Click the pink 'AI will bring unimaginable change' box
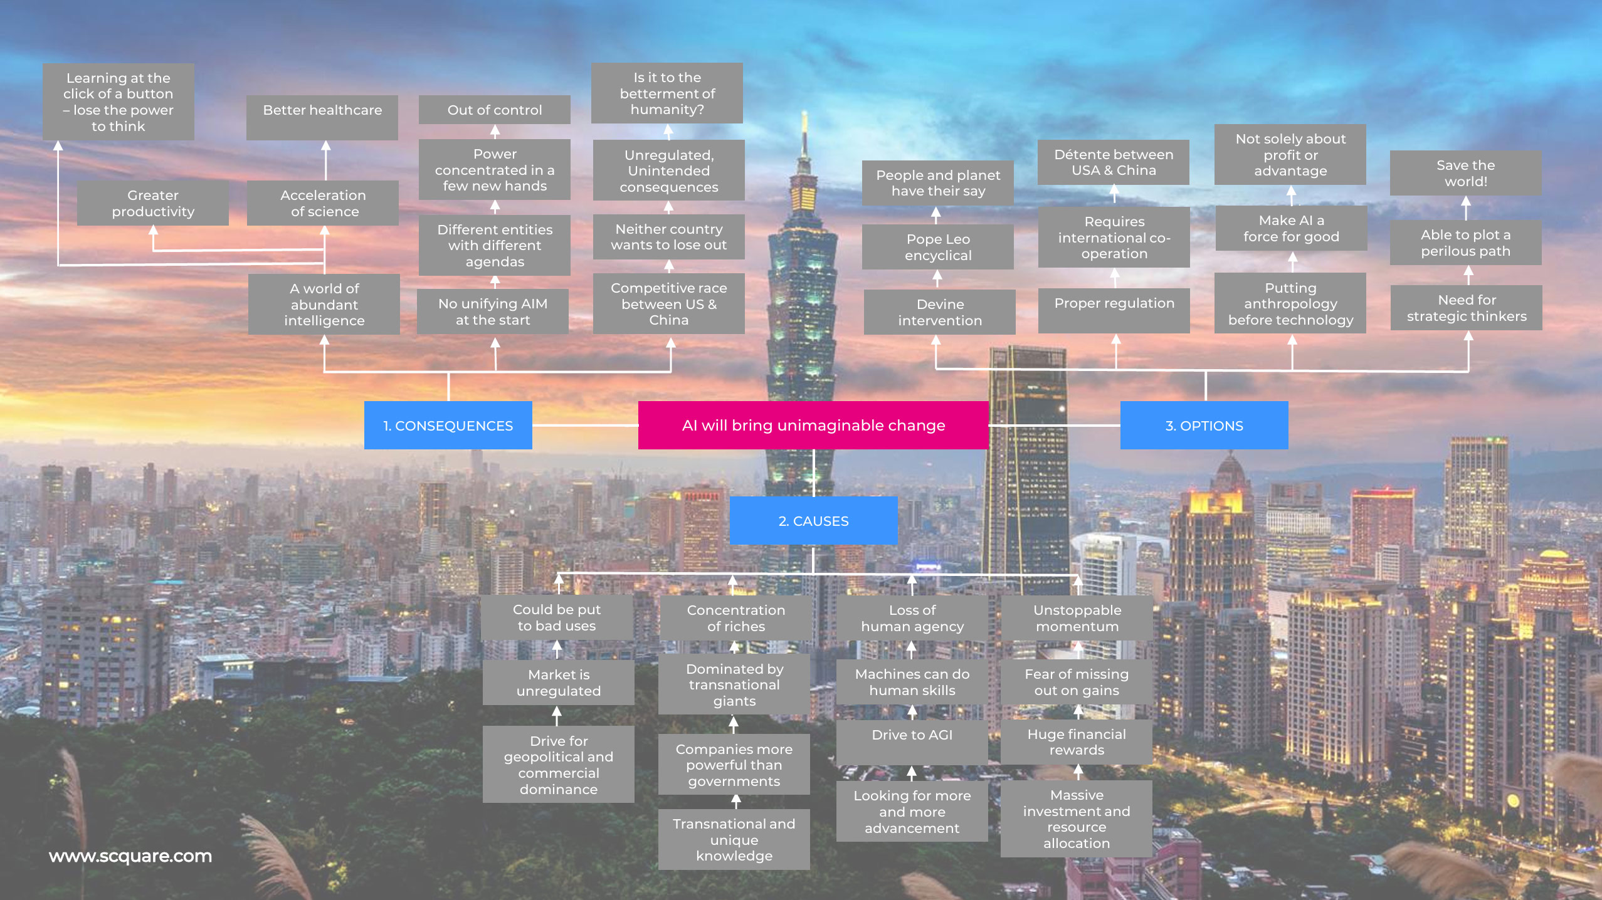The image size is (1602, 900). pos(813,425)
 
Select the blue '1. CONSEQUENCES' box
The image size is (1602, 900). pos(448,425)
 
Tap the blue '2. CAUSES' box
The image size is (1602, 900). pos(813,520)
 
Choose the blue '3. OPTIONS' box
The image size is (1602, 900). pos(1204,425)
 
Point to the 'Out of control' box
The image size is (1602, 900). pos(495,110)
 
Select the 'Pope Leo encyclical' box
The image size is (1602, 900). pos(938,247)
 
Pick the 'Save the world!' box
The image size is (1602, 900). pos(1466,173)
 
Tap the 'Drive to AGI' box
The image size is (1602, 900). pos(912,742)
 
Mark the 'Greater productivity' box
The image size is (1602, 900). pos(153,203)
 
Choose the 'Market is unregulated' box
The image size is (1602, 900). pos(559,683)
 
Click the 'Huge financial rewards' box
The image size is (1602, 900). pos(1077,742)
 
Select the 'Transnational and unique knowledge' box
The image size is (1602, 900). pos(734,839)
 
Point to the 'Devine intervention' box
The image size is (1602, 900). pos(940,312)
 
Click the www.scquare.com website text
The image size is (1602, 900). pos(130,856)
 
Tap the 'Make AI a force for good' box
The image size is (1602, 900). pos(1292,228)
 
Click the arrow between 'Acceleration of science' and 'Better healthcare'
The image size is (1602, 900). pos(325,160)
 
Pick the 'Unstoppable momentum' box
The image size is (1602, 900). pos(1077,618)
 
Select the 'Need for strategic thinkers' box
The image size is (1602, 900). pos(1467,308)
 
